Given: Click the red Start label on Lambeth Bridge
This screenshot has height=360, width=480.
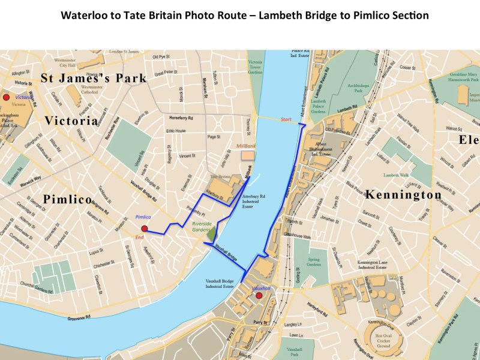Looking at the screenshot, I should [x=286, y=119].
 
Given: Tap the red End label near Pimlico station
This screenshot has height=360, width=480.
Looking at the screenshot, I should [x=139, y=238].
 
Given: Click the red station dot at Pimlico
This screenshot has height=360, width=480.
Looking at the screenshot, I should [x=144, y=229].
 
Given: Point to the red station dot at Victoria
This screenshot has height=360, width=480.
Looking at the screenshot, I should [x=7, y=97].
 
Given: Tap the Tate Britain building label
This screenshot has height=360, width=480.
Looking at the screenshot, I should [x=220, y=177].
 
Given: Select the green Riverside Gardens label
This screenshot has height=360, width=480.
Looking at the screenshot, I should [x=202, y=227].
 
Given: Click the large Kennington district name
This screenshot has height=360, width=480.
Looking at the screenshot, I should [x=403, y=195].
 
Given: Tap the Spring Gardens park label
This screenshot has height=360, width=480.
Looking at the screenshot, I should [x=314, y=262].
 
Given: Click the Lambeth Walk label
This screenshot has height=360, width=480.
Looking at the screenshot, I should [x=396, y=175].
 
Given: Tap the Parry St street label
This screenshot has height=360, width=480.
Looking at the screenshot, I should [x=260, y=323].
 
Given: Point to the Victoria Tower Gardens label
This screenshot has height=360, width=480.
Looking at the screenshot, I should [x=256, y=70].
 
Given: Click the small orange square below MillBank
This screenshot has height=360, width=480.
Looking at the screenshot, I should [x=247, y=155].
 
